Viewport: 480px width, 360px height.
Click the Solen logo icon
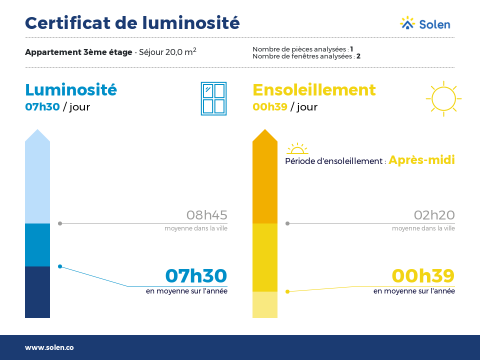coord(407,23)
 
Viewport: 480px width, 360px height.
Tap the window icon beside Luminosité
coord(213,98)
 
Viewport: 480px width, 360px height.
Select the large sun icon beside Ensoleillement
coord(443,98)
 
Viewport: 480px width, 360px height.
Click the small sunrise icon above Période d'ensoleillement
coord(297,148)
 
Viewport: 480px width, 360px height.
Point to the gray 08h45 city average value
coord(207,215)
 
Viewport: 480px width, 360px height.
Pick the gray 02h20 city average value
coord(434,215)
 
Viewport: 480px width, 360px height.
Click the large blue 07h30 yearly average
coord(196,276)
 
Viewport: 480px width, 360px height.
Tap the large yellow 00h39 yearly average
coord(423,276)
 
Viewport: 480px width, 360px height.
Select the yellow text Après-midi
coord(421,160)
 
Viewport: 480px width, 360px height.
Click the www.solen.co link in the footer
coord(49,347)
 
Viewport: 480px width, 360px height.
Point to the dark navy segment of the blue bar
coord(37,292)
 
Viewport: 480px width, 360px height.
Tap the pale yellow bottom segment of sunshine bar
coord(265,304)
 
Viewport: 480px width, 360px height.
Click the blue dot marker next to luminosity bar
coord(60,266)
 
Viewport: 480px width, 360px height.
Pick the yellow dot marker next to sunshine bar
coord(287,291)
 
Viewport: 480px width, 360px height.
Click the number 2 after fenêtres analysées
coord(358,56)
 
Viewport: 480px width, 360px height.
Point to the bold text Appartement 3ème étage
coord(78,52)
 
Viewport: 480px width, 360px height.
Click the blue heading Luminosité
coord(71,89)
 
